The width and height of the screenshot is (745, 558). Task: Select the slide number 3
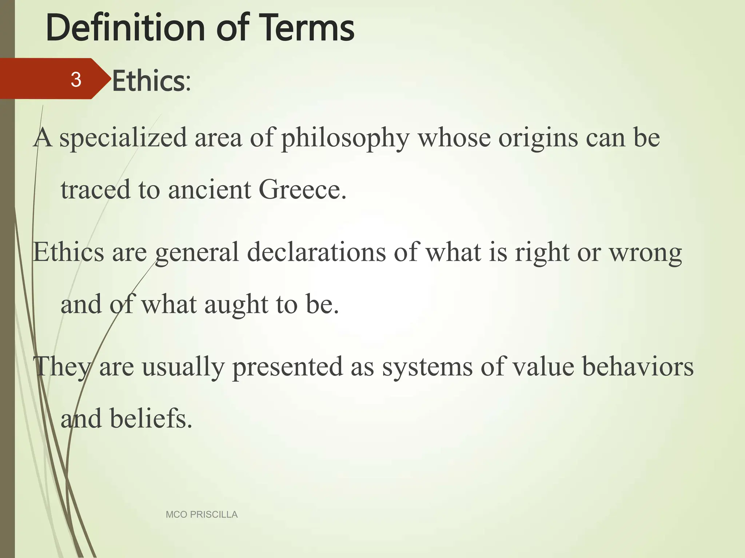point(76,80)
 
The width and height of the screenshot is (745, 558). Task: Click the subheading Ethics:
point(151,81)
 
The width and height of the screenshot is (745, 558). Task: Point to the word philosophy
point(345,138)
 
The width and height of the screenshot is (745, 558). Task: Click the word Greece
point(302,190)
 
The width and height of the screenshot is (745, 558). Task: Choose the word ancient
point(209,190)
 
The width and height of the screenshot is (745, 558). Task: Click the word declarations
point(316,252)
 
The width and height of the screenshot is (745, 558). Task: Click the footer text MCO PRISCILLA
point(202,514)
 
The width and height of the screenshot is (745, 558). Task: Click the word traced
point(95,190)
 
